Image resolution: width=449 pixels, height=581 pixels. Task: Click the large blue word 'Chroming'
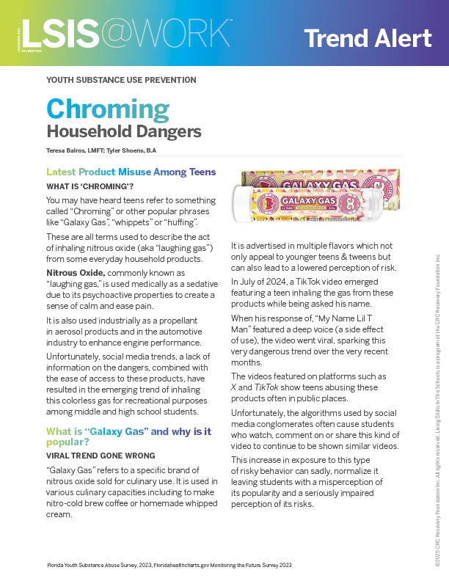[x=107, y=109]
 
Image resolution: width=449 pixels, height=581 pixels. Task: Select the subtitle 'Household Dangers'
[x=123, y=132]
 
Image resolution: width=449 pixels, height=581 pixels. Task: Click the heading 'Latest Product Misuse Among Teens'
[x=131, y=172]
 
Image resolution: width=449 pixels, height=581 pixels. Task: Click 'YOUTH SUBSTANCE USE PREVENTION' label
[x=121, y=79]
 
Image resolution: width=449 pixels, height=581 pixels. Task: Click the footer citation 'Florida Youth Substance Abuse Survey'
[x=102, y=566]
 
